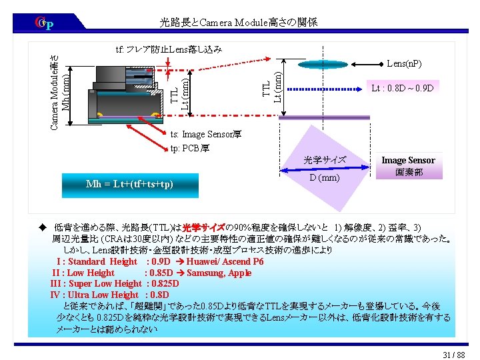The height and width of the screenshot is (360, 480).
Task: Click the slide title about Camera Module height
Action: pyautogui.click(x=239, y=22)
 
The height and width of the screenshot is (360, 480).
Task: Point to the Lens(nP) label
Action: pyautogui.click(x=405, y=64)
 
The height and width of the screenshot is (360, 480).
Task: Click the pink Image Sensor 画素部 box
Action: pyautogui.click(x=407, y=166)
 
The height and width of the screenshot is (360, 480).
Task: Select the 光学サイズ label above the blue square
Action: pyautogui.click(x=325, y=160)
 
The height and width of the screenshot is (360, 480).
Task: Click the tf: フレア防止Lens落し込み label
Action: pyautogui.click(x=168, y=49)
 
